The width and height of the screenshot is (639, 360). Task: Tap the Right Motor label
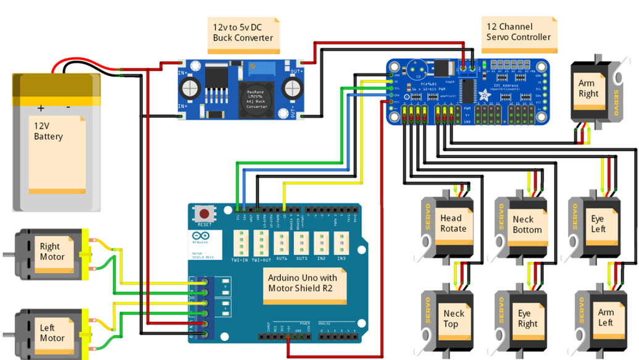point(53,252)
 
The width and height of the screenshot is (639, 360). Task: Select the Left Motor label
point(52,333)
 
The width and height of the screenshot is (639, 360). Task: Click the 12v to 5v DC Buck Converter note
point(243,33)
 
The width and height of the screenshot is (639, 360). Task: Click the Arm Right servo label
point(588,88)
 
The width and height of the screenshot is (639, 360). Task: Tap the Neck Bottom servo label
point(527,224)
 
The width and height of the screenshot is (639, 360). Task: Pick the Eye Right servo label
point(527,318)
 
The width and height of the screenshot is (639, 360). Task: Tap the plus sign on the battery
point(41,108)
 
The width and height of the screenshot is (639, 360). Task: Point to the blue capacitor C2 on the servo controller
point(417,68)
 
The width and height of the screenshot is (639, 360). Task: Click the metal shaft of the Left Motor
point(7,335)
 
